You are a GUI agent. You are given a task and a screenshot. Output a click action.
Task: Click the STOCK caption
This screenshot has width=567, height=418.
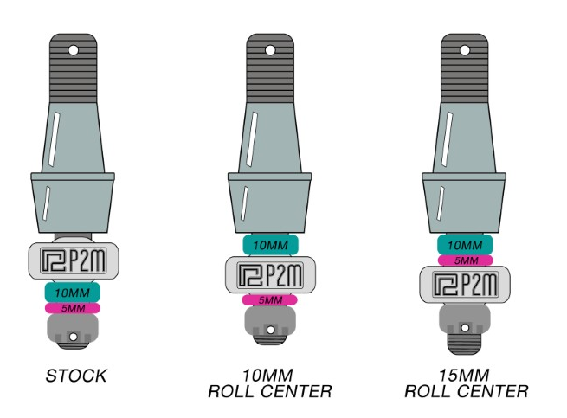coord(76,376)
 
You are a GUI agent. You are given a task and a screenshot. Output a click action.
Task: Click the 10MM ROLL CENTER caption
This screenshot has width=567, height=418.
coord(269,383)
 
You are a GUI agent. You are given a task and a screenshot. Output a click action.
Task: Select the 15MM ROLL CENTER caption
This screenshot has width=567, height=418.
coord(466,383)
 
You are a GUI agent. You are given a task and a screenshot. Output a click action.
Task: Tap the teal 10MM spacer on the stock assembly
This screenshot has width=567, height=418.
coord(74,293)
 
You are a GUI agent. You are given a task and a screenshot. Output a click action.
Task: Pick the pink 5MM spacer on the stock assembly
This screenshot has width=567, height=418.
coord(74,307)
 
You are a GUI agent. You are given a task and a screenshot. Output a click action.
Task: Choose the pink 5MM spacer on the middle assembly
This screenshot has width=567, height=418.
coord(270,299)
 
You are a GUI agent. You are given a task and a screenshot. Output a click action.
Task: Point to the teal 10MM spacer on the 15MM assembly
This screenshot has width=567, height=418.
coord(466,245)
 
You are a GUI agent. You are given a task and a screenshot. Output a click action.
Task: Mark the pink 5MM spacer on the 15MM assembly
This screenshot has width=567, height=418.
coord(466,260)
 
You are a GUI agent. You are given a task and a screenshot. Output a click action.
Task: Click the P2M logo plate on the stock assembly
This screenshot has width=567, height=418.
coord(74,260)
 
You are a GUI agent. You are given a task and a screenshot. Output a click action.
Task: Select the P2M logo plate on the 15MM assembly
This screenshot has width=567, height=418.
coord(466,283)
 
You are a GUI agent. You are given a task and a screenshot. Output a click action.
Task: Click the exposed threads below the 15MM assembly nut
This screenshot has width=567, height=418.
coord(466,339)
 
